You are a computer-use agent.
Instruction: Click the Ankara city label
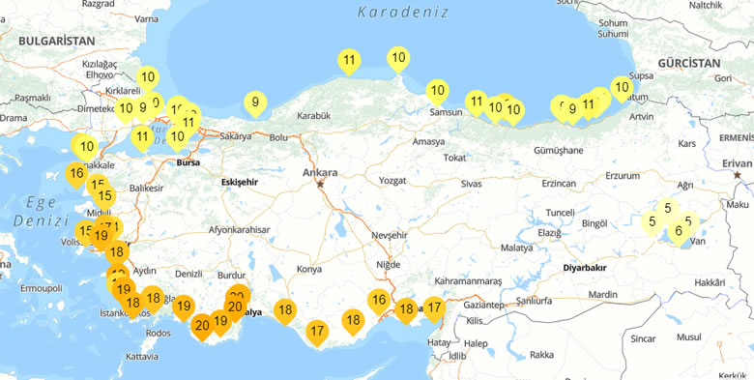point(319,173)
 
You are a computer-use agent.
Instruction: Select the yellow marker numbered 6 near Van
point(679,231)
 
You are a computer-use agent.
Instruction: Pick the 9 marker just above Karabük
point(255,102)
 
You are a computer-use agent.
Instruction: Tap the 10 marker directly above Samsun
point(437,92)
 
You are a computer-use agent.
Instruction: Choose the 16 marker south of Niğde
point(379,300)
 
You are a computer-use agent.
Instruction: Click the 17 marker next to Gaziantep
point(434,308)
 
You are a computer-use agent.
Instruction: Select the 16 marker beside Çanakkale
point(76,174)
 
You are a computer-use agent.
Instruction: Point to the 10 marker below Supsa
point(621,87)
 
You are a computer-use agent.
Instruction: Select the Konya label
point(309,268)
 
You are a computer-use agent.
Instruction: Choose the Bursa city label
point(188,162)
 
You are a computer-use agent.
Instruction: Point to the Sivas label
point(471,183)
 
